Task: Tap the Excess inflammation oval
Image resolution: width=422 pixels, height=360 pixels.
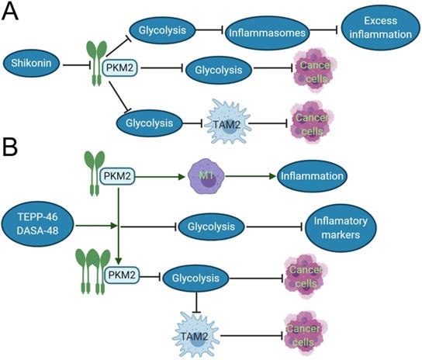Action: pos(377,30)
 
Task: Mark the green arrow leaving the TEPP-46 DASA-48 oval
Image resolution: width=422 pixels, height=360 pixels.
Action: pos(95,226)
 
